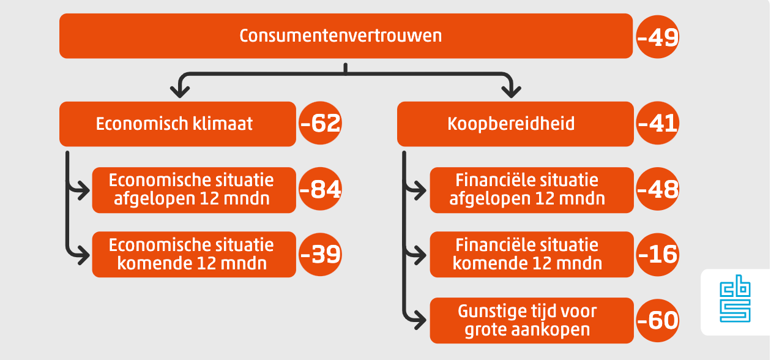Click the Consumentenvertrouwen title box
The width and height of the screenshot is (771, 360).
click(x=346, y=36)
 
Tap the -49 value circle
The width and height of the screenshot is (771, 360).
click(x=657, y=37)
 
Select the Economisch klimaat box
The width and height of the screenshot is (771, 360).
click(x=177, y=124)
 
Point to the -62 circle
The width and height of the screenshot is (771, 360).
click(x=320, y=123)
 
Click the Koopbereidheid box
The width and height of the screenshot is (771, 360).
click(x=515, y=124)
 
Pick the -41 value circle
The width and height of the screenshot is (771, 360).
click(x=657, y=123)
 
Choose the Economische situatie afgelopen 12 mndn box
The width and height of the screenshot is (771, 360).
click(x=194, y=190)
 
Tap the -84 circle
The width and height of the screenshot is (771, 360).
click(x=320, y=189)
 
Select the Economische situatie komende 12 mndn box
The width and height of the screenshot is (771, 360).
click(x=194, y=255)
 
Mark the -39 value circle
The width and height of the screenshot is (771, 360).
click(x=320, y=254)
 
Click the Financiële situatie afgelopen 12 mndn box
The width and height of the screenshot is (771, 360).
click(x=532, y=190)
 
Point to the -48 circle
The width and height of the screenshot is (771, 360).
click(x=657, y=189)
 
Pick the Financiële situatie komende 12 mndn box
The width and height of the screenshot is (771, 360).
click(x=532, y=255)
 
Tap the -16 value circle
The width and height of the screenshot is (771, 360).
click(x=657, y=254)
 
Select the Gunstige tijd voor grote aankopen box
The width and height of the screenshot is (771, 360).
click(x=532, y=320)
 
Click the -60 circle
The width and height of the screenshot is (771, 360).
click(x=657, y=320)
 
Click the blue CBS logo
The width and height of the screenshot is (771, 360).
click(x=735, y=298)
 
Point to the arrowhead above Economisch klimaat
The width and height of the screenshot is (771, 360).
click(x=180, y=92)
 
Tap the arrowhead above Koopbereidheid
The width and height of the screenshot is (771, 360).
click(x=511, y=92)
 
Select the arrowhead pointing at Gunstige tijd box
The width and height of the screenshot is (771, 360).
click(x=420, y=320)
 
